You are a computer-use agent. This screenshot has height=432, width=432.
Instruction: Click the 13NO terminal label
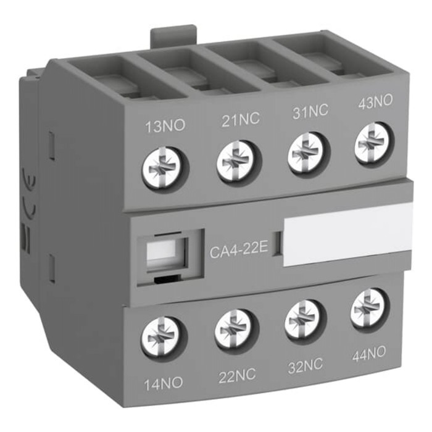[165, 127]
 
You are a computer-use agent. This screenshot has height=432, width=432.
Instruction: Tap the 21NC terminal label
[241, 120]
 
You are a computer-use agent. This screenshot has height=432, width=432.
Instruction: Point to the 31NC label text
[310, 111]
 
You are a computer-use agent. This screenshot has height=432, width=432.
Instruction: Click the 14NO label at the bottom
[163, 383]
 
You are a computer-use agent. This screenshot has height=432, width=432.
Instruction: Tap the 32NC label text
[305, 365]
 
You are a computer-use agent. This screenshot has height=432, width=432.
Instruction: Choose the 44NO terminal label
[368, 354]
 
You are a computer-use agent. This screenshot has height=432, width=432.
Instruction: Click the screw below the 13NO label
[165, 168]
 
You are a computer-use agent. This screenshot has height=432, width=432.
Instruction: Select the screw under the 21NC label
[238, 162]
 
